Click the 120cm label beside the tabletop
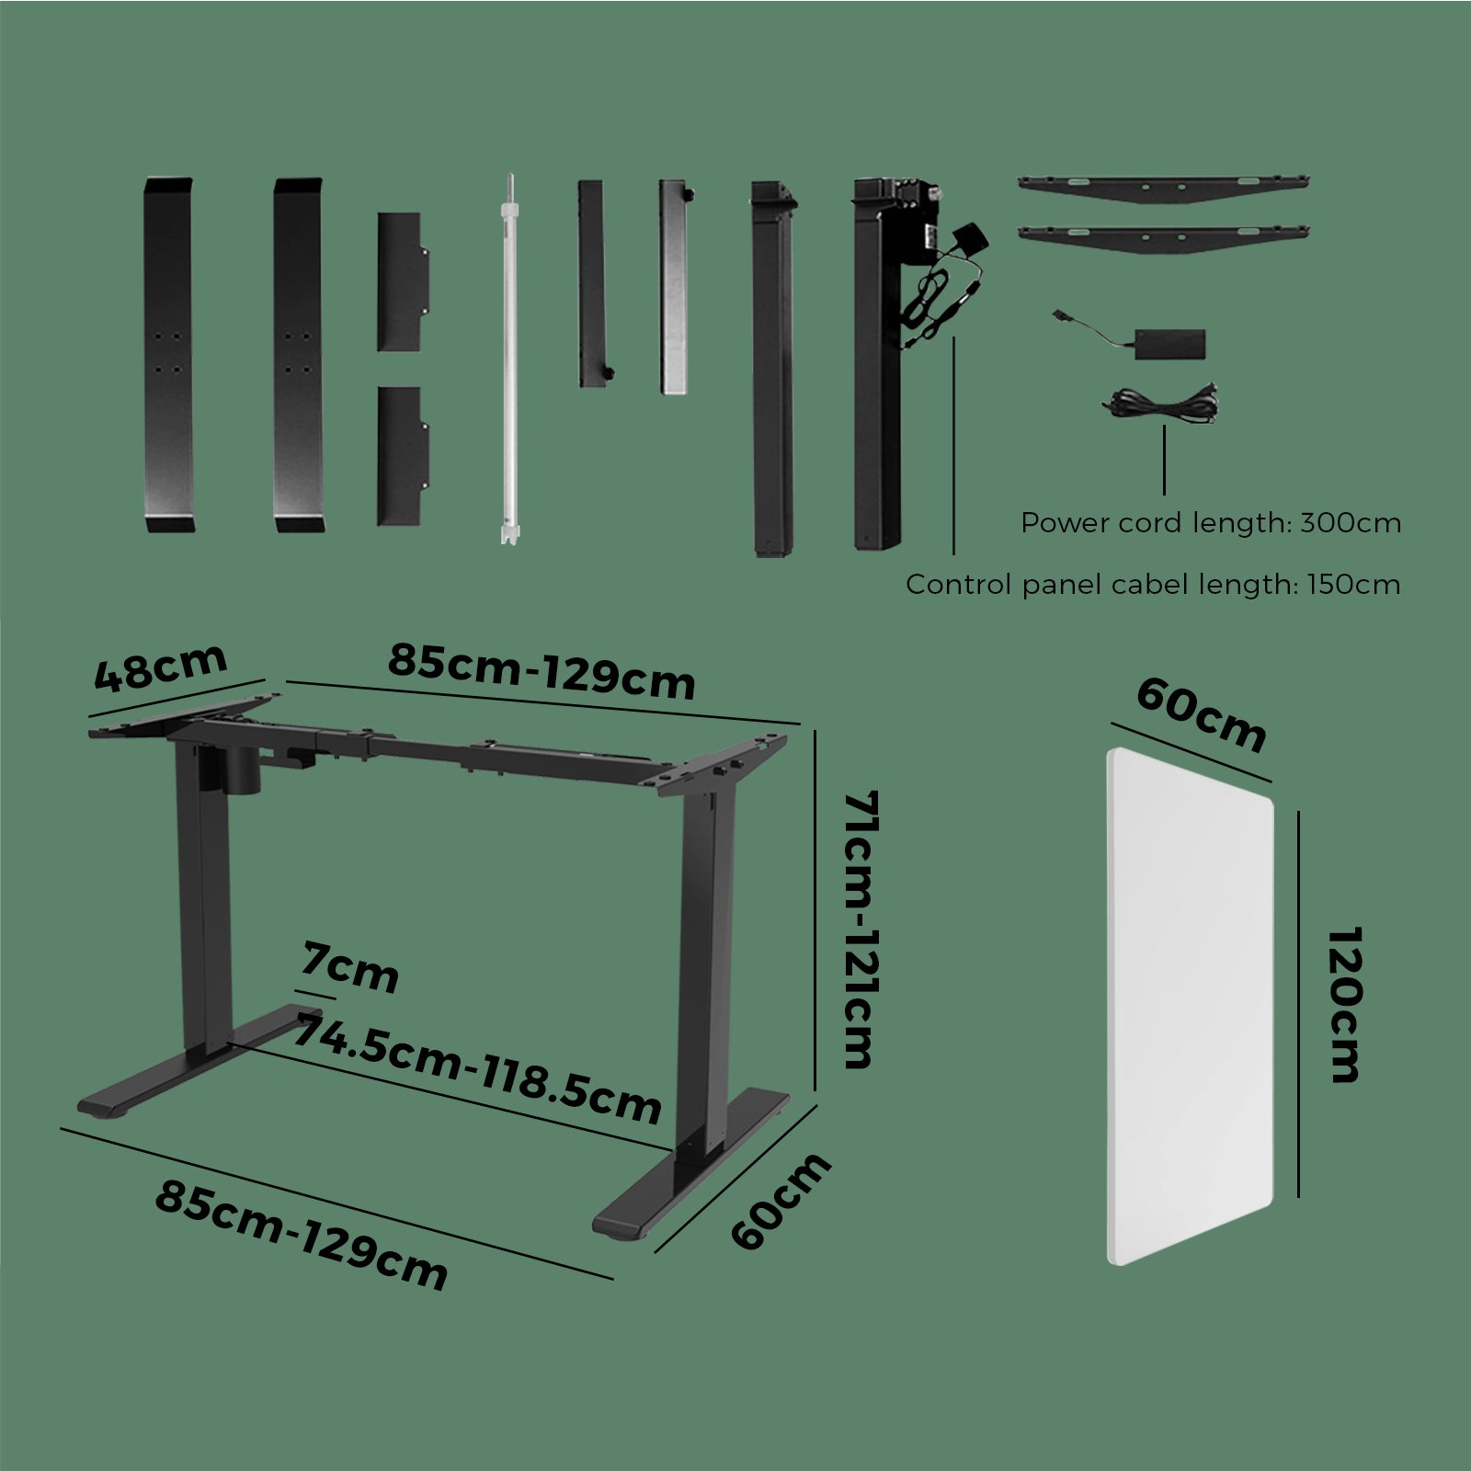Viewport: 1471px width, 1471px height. [x=1344, y=1005]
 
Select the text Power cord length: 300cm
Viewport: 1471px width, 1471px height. [x=1211, y=523]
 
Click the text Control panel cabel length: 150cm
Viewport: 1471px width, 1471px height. [x=1153, y=584]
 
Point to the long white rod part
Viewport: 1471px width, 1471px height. [x=508, y=358]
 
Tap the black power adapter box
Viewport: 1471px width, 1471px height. [x=1169, y=343]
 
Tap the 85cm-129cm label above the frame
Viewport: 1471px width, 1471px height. [x=541, y=670]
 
